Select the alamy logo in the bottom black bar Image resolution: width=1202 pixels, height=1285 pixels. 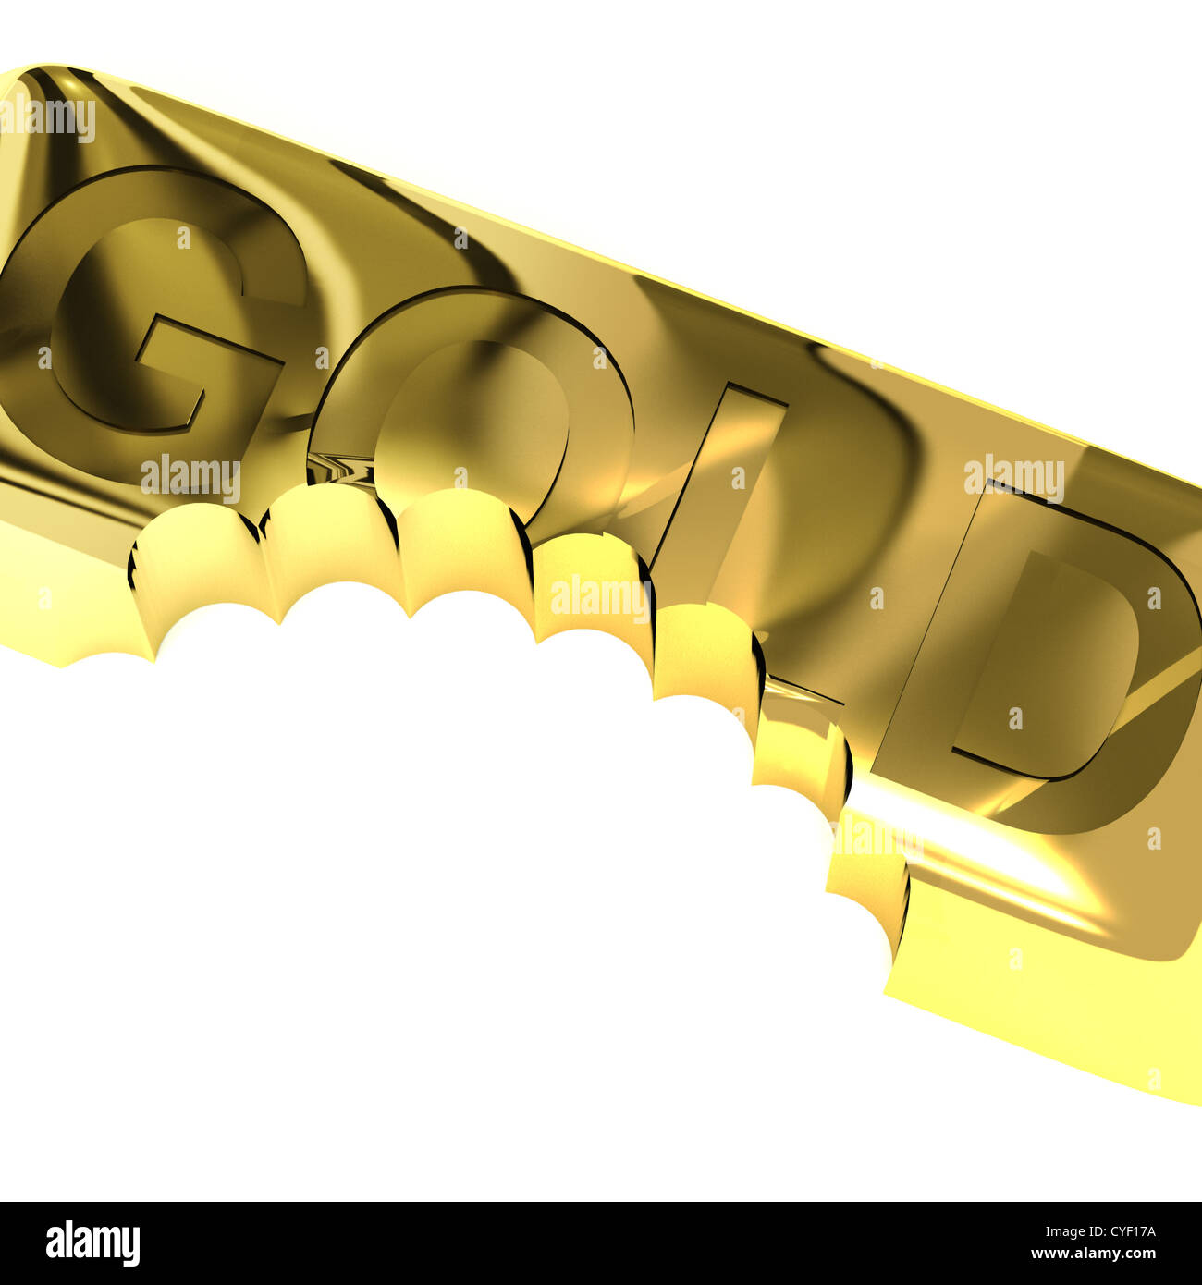click(x=92, y=1243)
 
